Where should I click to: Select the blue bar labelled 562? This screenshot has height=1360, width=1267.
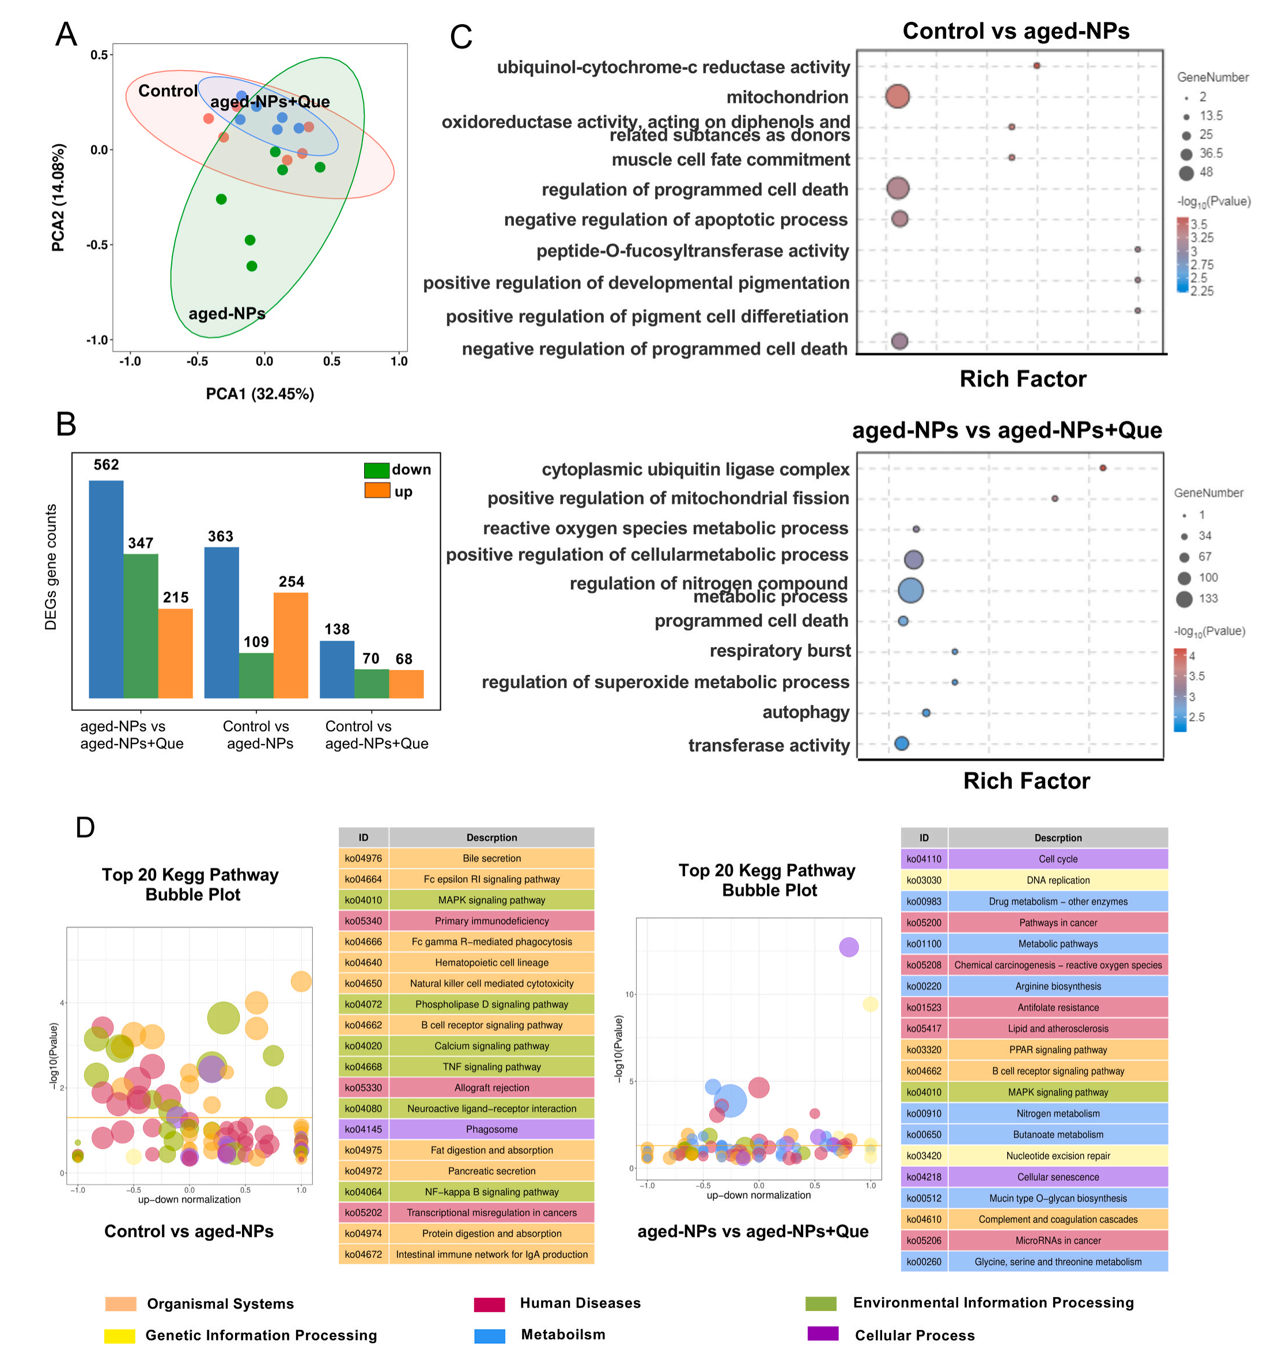[106, 588]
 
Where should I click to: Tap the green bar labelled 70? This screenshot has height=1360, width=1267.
[371, 683]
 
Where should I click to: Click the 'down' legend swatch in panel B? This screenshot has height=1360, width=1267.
[376, 470]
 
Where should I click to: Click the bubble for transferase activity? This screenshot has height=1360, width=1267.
[901, 743]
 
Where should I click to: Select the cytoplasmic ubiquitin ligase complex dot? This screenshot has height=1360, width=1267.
[1102, 468]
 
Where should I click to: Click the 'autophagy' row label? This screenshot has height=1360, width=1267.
[805, 712]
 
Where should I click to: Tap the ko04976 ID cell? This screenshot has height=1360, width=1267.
[363, 858]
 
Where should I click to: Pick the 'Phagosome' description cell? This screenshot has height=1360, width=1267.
[491, 1129]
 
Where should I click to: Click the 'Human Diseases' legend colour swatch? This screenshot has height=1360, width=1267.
[489, 1303]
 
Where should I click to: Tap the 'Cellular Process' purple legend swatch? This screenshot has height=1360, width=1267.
[822, 1333]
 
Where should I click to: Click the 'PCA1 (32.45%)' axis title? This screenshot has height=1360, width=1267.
[260, 394]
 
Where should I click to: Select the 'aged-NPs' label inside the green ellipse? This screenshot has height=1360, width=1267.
[226, 313]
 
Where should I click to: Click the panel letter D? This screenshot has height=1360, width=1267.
[85, 827]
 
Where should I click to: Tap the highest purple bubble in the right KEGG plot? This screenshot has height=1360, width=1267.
[848, 947]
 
